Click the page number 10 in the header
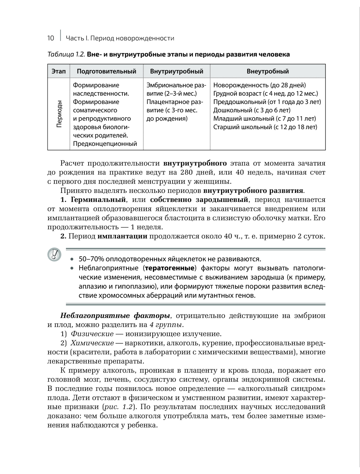50,39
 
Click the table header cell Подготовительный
107,71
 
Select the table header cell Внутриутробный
176,71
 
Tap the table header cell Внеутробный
267,71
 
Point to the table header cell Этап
59,71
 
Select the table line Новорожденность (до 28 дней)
259,85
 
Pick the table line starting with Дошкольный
252,110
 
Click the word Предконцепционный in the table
105,144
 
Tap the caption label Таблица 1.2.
66,55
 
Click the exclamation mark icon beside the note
54,254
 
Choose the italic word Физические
92,334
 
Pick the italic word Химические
92,343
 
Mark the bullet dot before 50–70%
72,259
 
